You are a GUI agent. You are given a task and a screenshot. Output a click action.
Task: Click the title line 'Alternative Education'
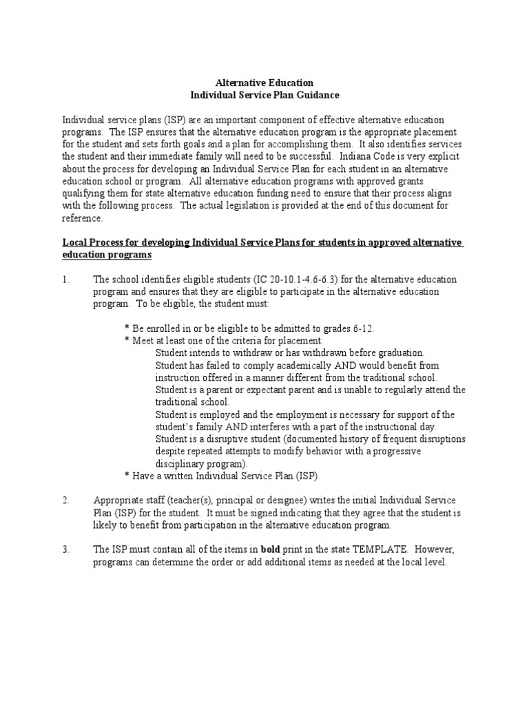click(264, 82)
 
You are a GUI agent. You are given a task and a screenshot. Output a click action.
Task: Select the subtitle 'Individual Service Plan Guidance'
click(264, 94)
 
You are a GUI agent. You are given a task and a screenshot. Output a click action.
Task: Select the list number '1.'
click(67, 279)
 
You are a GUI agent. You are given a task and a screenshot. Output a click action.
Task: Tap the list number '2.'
click(67, 501)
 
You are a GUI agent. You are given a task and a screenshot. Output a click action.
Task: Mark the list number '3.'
click(67, 550)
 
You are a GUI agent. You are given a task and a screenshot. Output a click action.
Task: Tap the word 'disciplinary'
click(182, 463)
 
